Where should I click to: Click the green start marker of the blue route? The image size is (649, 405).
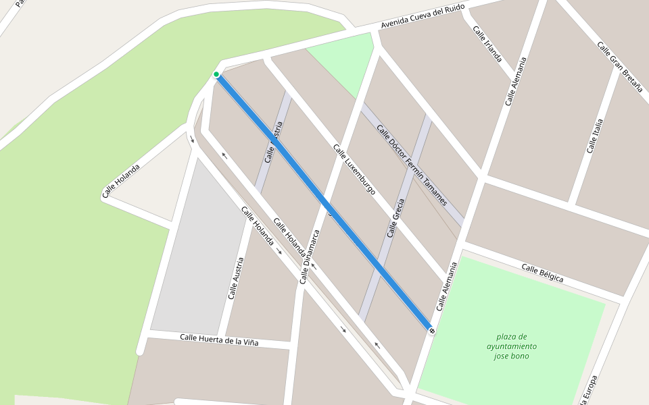[216, 74]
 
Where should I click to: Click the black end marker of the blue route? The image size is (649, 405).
[431, 330]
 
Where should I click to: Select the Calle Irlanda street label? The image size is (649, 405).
[487, 43]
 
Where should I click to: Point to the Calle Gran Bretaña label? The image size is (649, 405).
[619, 65]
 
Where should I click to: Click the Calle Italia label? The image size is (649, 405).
[595, 136]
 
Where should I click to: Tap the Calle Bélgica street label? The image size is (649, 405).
[542, 273]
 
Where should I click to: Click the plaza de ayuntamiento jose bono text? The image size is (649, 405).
[512, 346]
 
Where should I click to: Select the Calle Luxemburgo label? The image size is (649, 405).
[354, 169]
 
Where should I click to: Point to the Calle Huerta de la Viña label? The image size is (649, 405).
[219, 340]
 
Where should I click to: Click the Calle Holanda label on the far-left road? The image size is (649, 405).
[121, 180]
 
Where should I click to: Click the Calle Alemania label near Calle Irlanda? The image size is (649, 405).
[515, 81]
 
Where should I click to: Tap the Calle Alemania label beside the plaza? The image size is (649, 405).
[447, 286]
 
